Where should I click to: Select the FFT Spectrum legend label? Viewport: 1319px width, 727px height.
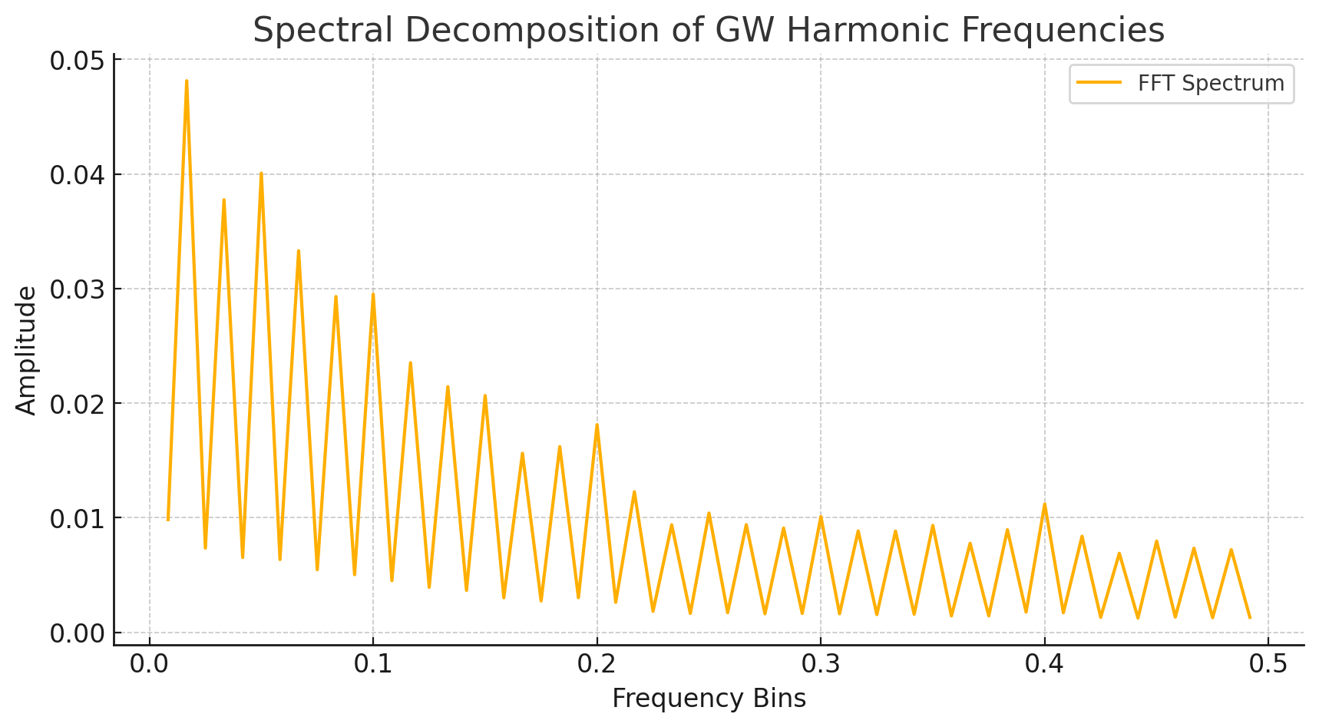point(1211,83)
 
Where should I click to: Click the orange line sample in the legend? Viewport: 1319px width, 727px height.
point(1099,83)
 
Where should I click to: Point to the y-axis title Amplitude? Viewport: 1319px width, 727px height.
point(26,350)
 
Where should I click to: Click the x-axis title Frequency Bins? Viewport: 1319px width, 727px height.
point(709,698)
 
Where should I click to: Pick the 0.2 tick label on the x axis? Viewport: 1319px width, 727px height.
point(597,663)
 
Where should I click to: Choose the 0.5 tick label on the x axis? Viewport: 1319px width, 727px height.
point(1268,663)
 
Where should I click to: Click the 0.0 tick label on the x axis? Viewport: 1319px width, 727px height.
point(149,663)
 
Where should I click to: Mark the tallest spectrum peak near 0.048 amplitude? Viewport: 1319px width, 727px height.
point(187,81)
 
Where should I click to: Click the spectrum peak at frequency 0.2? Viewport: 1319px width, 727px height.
point(597,425)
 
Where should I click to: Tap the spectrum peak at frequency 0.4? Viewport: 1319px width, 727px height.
point(1044,504)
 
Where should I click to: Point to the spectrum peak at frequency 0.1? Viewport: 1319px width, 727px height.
point(373,294)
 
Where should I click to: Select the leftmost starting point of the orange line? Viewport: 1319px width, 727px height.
point(168,520)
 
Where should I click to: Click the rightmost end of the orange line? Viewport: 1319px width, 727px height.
point(1250,617)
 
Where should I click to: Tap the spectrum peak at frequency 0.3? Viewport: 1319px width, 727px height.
point(821,517)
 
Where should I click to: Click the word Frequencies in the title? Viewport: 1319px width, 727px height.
point(1063,31)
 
